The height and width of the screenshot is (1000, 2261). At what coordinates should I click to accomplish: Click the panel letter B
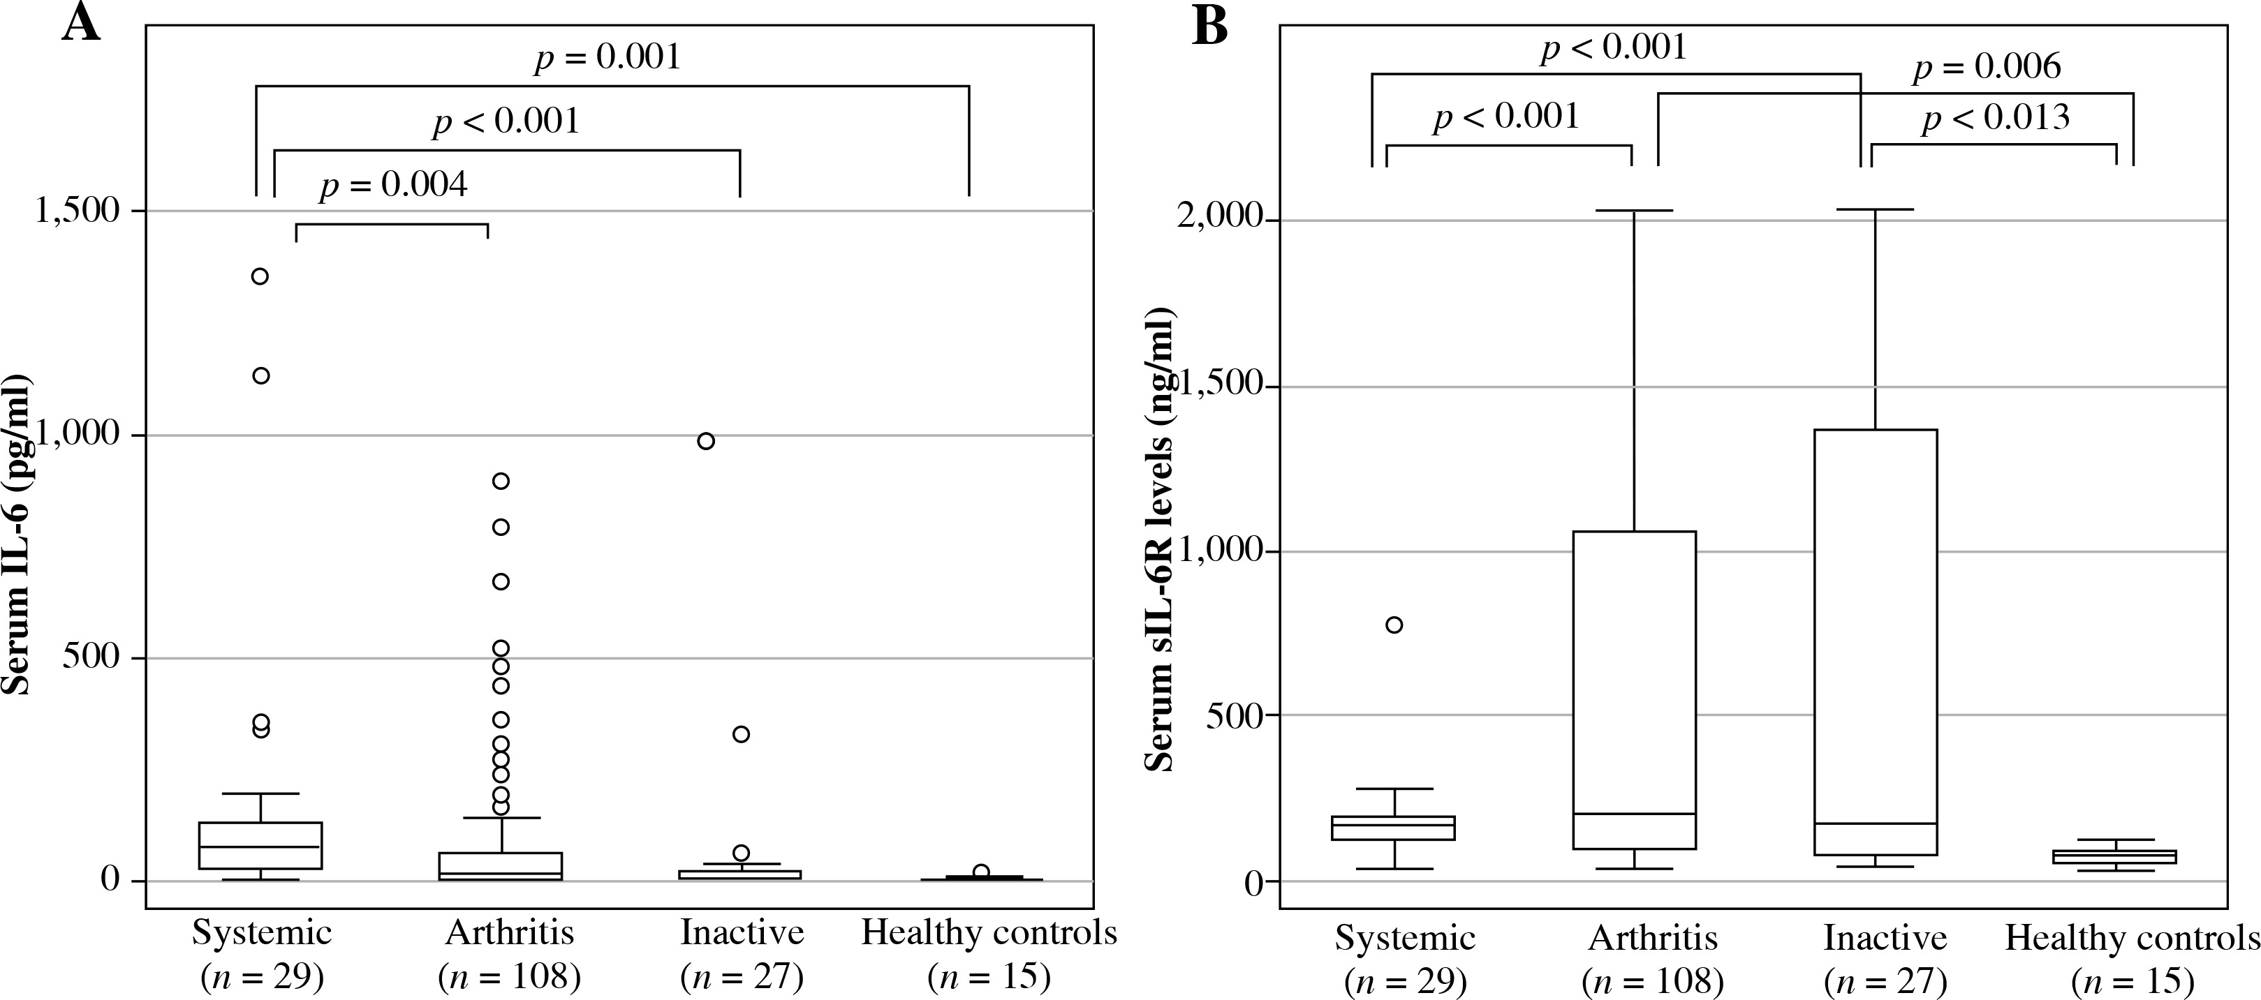[1209, 28]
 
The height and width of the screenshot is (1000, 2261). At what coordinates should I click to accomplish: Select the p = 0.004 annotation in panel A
[393, 185]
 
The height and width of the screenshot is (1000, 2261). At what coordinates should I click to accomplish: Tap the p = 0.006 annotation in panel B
[1987, 67]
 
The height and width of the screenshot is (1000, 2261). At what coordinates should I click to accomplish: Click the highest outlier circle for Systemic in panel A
[260, 276]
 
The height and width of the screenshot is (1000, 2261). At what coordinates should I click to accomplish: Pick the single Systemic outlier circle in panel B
[1394, 625]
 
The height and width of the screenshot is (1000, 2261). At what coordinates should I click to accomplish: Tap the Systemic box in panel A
[260, 845]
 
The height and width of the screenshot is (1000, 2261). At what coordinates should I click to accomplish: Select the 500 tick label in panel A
[91, 658]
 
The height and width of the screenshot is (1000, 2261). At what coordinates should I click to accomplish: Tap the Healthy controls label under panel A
[989, 932]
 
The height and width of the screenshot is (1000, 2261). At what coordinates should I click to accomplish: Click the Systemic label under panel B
[1405, 938]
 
